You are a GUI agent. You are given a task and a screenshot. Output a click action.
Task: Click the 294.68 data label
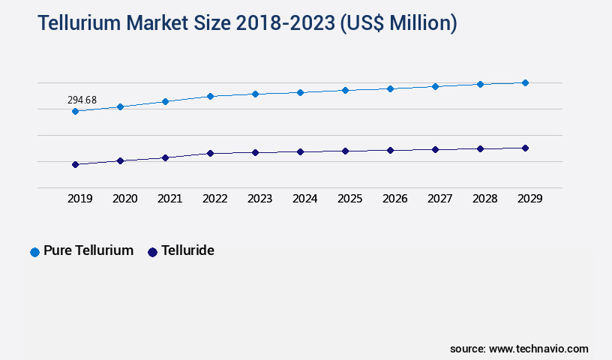tap(82, 100)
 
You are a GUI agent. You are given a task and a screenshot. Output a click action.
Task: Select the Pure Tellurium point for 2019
tap(75, 111)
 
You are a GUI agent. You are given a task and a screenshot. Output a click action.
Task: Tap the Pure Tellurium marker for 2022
tap(210, 96)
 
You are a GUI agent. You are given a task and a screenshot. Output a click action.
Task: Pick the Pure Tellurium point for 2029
tap(525, 82)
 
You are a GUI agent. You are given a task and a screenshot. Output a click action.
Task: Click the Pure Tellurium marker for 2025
tap(345, 90)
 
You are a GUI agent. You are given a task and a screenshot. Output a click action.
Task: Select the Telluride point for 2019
tap(75, 164)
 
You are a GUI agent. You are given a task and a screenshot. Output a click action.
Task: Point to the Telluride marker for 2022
tap(210, 153)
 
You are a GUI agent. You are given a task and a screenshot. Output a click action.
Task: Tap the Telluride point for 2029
tap(525, 148)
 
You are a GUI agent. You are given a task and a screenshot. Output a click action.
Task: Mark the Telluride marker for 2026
tap(390, 150)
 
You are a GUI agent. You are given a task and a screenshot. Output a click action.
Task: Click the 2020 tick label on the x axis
tap(124, 199)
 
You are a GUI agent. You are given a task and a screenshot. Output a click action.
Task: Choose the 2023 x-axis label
tap(259, 199)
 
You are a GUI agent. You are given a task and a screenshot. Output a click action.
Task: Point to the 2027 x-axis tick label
tap(439, 199)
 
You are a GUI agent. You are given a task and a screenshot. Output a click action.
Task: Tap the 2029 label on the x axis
tap(529, 199)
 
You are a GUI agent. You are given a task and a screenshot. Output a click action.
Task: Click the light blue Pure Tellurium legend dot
tap(34, 252)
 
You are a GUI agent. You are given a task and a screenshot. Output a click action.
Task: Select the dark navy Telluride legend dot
tap(152, 252)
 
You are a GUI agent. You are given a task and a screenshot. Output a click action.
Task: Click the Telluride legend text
tap(187, 251)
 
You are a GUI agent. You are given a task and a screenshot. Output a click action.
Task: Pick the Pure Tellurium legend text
tap(88, 251)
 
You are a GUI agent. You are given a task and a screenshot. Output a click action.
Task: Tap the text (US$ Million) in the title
tap(398, 23)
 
